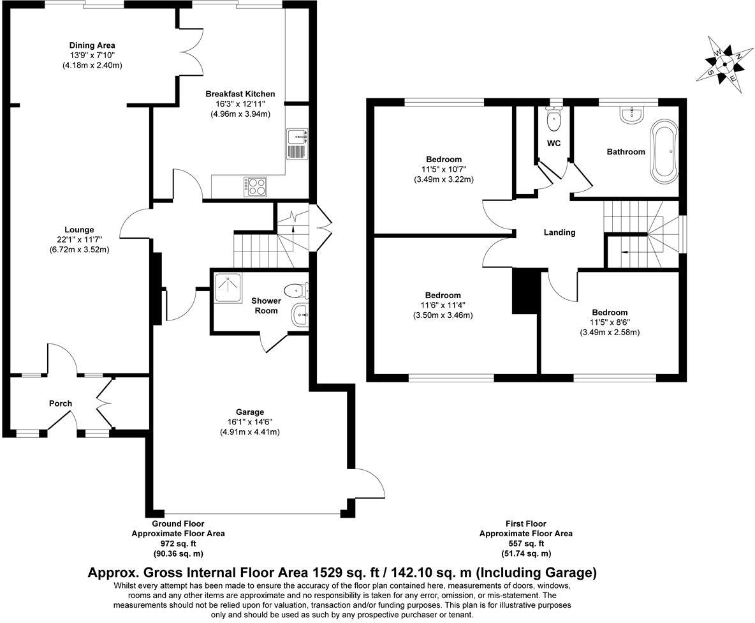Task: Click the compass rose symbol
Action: (x=724, y=63)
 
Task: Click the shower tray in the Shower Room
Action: (x=226, y=288)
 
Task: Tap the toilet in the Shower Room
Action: (x=297, y=291)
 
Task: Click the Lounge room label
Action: (x=79, y=230)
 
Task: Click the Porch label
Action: (x=61, y=403)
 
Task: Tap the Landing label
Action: (x=559, y=232)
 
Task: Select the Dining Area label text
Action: (x=92, y=45)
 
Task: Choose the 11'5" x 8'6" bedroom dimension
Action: (x=609, y=322)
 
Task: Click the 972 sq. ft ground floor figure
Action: (x=178, y=543)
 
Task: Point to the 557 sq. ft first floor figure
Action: (x=525, y=543)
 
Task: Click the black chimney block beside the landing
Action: (x=526, y=291)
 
